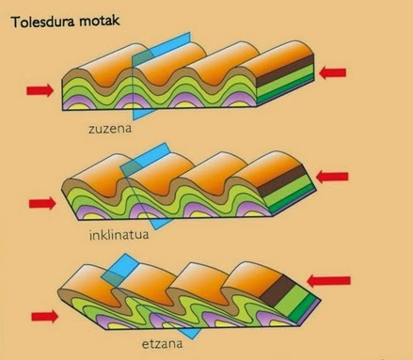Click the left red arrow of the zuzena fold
pos(40,90)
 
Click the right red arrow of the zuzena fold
pos(331,71)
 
